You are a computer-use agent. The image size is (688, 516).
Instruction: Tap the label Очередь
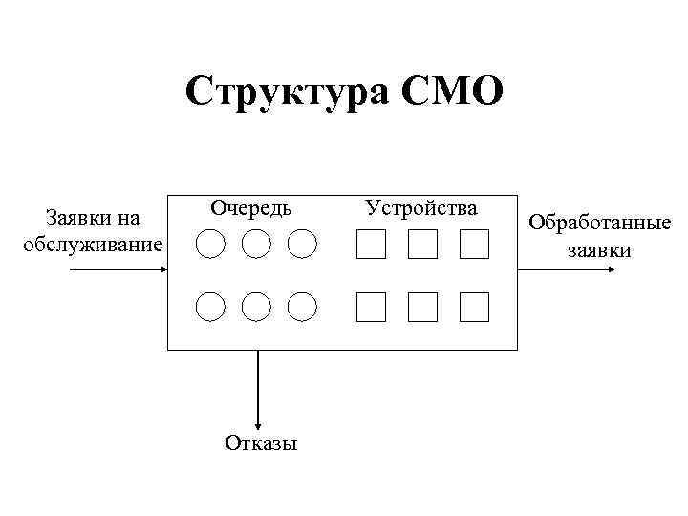[x=251, y=206]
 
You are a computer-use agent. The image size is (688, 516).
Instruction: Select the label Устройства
[x=421, y=206]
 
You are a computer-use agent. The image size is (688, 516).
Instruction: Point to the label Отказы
[x=261, y=442]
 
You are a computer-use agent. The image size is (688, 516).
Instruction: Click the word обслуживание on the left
[x=93, y=245]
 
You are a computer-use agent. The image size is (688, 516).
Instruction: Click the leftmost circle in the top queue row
[x=210, y=245]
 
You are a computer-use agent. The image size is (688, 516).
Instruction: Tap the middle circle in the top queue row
[x=256, y=245]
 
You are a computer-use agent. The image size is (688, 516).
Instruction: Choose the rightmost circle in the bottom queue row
[x=302, y=307]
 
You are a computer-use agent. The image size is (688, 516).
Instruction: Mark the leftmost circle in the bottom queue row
[x=210, y=307]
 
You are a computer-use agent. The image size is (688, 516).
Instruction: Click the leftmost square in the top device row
[x=371, y=245]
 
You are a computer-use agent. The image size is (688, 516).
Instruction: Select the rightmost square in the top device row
[x=474, y=245]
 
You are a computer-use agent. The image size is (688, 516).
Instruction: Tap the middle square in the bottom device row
[x=422, y=307]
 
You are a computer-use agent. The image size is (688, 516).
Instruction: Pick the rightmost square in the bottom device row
[x=474, y=307]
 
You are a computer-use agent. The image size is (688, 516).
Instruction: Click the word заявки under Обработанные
[x=599, y=250]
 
